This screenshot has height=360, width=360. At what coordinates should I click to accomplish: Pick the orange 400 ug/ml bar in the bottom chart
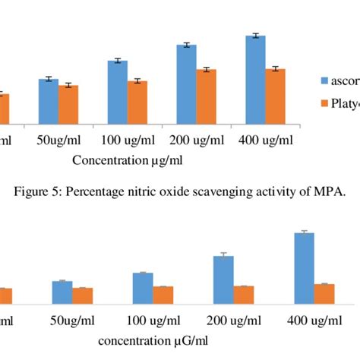(324, 294)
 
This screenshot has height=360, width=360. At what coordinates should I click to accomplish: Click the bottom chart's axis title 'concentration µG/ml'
(152, 341)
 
